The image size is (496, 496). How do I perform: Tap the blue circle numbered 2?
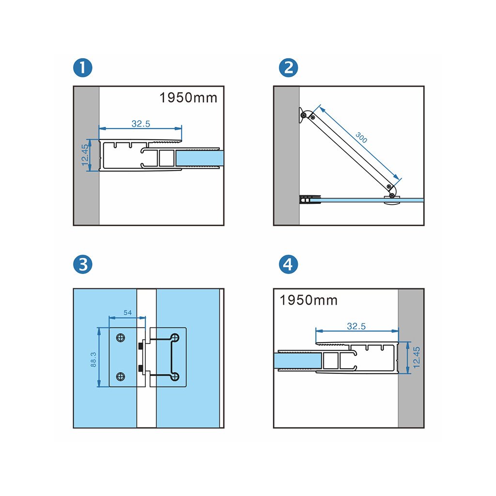289,68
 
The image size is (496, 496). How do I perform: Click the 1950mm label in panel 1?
188,98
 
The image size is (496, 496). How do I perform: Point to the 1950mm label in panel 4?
309,300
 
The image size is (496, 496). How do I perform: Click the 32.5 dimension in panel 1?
141,124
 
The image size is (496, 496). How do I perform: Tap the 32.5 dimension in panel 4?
356,326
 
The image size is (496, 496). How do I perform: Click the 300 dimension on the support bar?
361,137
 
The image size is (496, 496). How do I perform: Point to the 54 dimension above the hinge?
127,313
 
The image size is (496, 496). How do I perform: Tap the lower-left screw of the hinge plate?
121,376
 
